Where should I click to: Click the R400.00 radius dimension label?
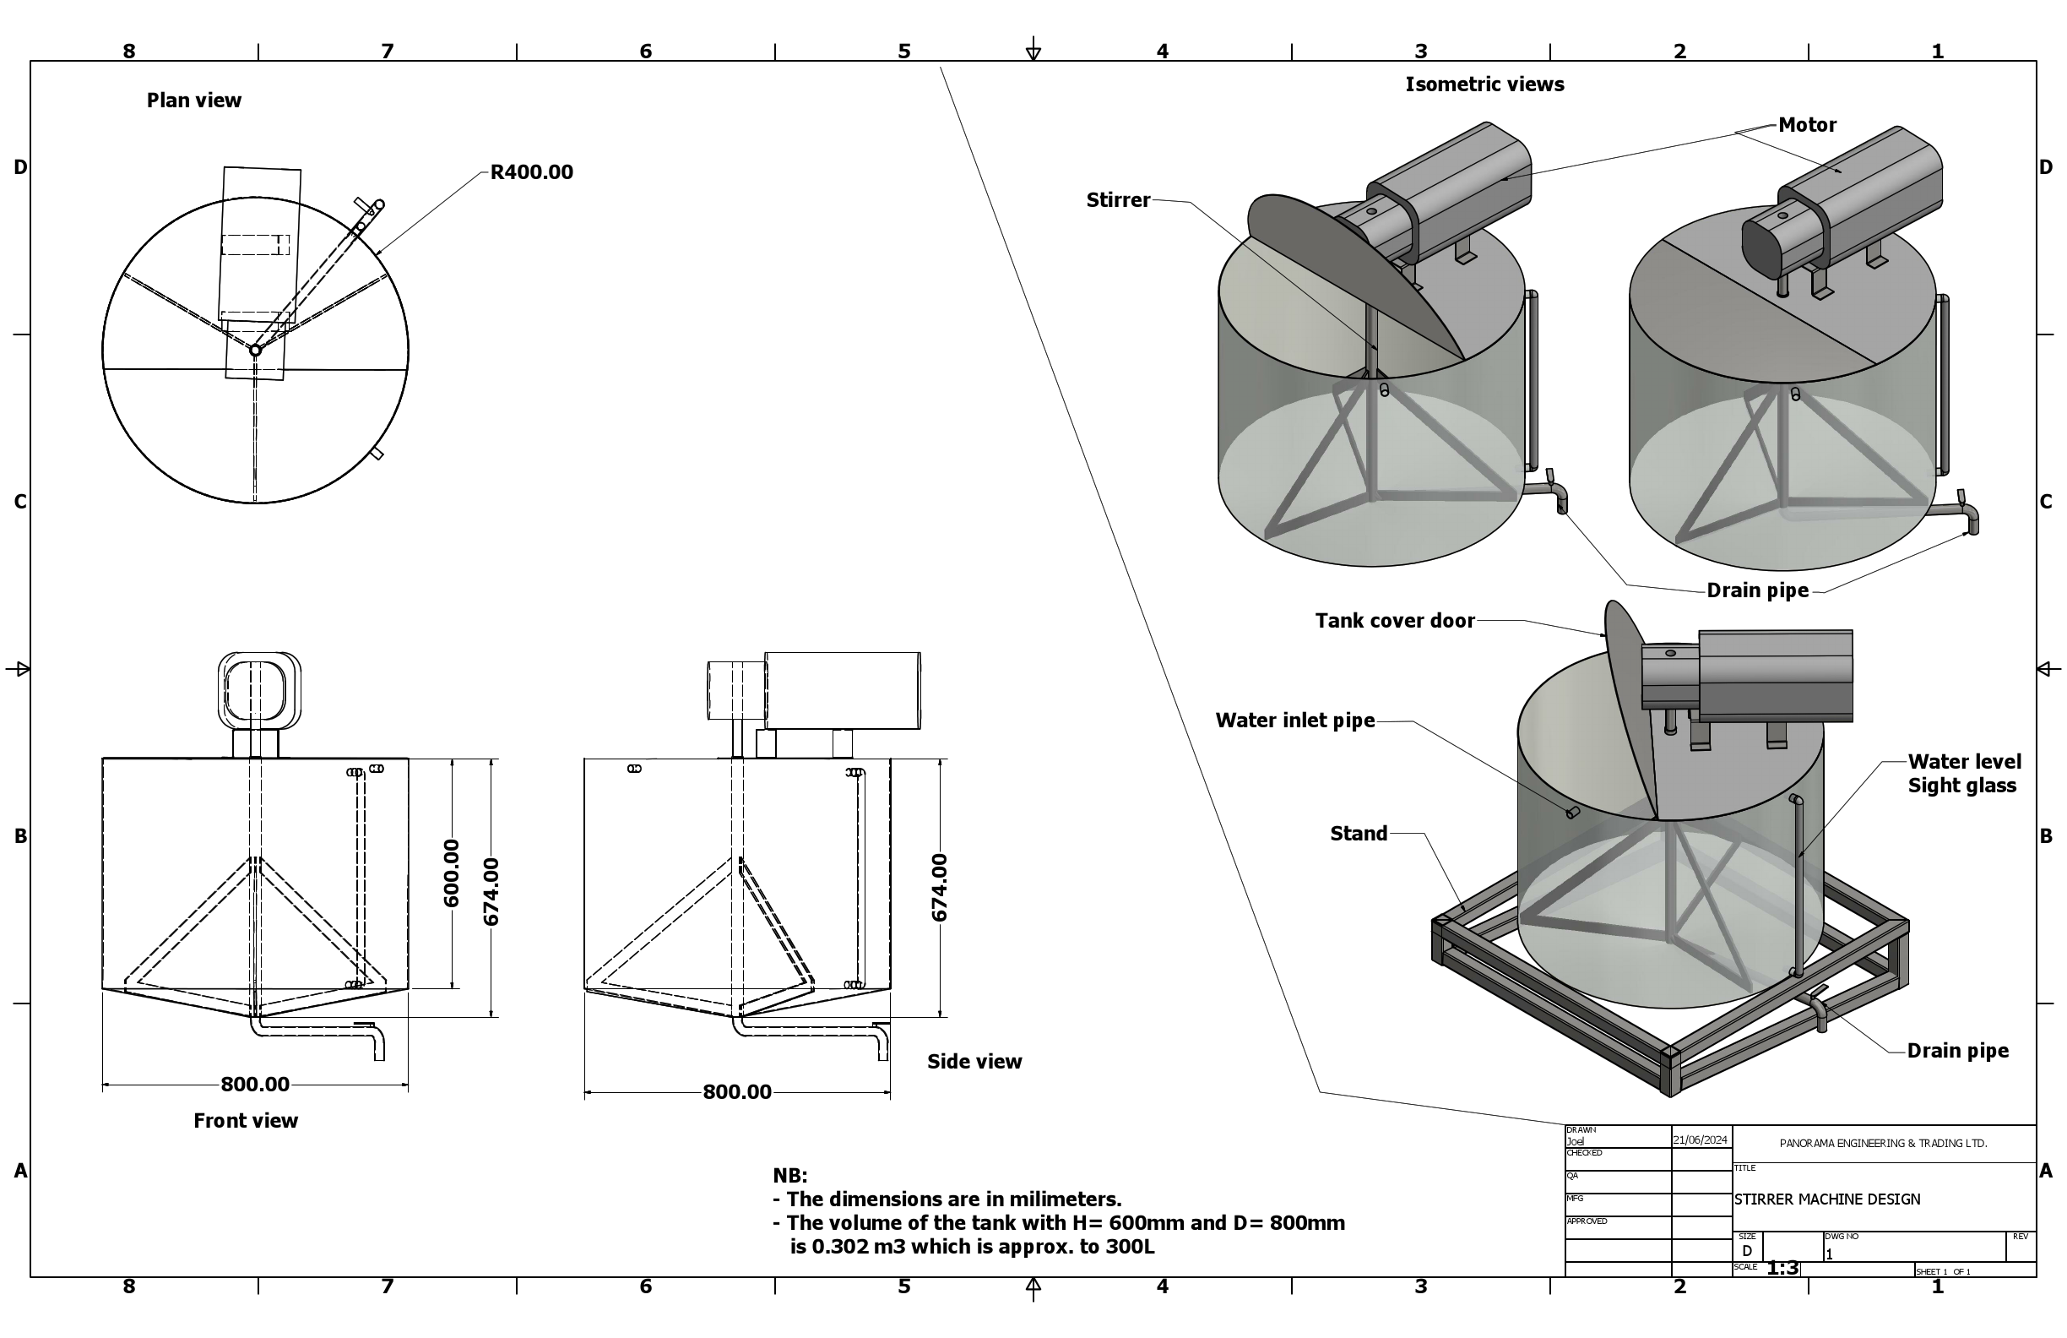pyautogui.click(x=531, y=172)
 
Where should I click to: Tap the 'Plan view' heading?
pyautogui.click(x=193, y=101)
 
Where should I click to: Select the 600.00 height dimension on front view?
pyautogui.click(x=452, y=873)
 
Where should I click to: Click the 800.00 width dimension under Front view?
pyautogui.click(x=254, y=1085)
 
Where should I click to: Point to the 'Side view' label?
pyautogui.click(x=974, y=1062)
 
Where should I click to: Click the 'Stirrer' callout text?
pyautogui.click(x=1118, y=201)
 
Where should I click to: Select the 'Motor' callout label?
pyautogui.click(x=1806, y=125)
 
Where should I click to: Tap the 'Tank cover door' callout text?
pyautogui.click(x=1394, y=621)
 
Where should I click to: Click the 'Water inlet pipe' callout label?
pyautogui.click(x=1294, y=721)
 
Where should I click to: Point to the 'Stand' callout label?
pyautogui.click(x=1359, y=834)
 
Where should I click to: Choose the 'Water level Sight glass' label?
pyautogui.click(x=1963, y=774)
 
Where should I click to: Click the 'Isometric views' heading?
pyautogui.click(x=1484, y=85)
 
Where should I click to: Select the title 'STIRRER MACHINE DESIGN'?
pyautogui.click(x=1826, y=1199)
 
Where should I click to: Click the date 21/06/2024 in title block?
pyautogui.click(x=1700, y=1139)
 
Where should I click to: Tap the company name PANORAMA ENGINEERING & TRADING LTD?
pyautogui.click(x=1883, y=1144)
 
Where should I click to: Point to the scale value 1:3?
pyautogui.click(x=1782, y=1269)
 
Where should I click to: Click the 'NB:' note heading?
pyautogui.click(x=789, y=1176)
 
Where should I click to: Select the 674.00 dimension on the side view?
pyautogui.click(x=939, y=887)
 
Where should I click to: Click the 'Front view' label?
pyautogui.click(x=245, y=1121)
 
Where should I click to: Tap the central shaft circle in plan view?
pyautogui.click(x=255, y=351)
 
